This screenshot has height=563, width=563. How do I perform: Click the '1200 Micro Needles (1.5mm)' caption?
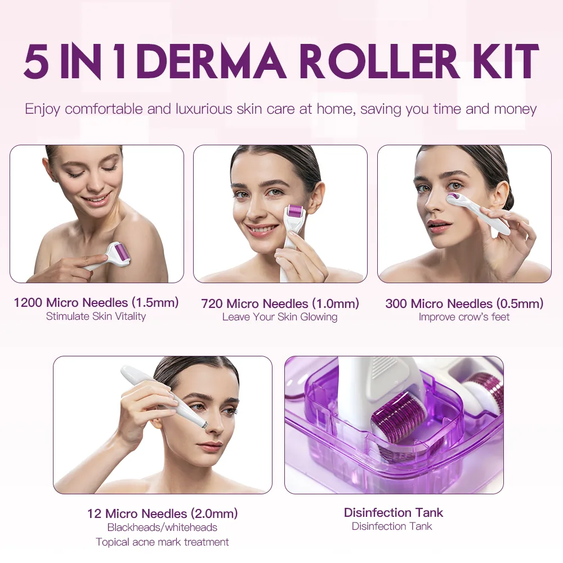[x=96, y=302]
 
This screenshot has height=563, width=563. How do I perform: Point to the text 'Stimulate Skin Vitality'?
[x=96, y=316]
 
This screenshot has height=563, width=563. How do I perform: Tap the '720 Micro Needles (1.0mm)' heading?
[x=280, y=303]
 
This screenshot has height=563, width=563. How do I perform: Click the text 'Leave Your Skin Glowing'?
[x=280, y=317]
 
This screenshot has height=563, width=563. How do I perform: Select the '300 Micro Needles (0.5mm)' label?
[x=464, y=303]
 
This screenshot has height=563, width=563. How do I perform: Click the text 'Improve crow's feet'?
[x=464, y=317]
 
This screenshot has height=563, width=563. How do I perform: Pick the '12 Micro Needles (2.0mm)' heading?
[x=162, y=513]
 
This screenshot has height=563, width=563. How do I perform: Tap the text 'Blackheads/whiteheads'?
[x=162, y=528]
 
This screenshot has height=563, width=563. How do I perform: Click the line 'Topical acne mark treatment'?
[x=162, y=542]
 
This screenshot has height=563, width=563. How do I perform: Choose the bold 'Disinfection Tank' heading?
[x=394, y=512]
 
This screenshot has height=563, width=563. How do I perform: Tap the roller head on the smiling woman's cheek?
[x=294, y=217]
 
